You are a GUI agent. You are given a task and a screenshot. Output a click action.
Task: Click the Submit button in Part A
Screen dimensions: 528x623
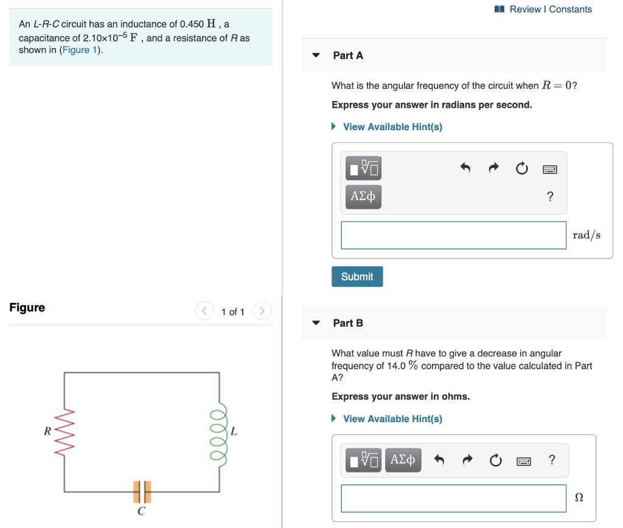click(357, 277)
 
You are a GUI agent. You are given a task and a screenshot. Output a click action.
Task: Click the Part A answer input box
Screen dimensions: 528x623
click(453, 235)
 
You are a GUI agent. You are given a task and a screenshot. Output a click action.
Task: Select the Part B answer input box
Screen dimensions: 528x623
click(453, 498)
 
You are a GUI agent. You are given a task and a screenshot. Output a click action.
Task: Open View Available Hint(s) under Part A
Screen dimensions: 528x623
click(392, 127)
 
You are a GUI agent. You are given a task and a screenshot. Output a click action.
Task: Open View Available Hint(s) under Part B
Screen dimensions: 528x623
click(392, 419)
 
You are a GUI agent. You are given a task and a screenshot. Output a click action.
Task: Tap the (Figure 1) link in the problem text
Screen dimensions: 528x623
click(80, 50)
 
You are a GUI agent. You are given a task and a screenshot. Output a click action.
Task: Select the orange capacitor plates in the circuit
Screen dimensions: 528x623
click(142, 491)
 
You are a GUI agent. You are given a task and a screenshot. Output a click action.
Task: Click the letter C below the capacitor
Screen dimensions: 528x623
click(141, 512)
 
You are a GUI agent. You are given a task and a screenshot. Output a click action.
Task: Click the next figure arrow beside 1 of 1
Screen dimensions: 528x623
click(262, 311)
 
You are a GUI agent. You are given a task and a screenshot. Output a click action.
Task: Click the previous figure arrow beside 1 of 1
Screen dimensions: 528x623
click(204, 311)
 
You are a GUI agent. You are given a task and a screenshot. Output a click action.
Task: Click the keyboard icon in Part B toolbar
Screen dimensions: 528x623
click(524, 460)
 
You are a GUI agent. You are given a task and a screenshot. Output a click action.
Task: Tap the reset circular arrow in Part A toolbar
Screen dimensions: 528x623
click(521, 168)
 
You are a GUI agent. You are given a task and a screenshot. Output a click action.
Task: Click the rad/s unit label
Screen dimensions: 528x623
click(586, 235)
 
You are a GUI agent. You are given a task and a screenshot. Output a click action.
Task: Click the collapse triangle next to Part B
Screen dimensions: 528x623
click(316, 323)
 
